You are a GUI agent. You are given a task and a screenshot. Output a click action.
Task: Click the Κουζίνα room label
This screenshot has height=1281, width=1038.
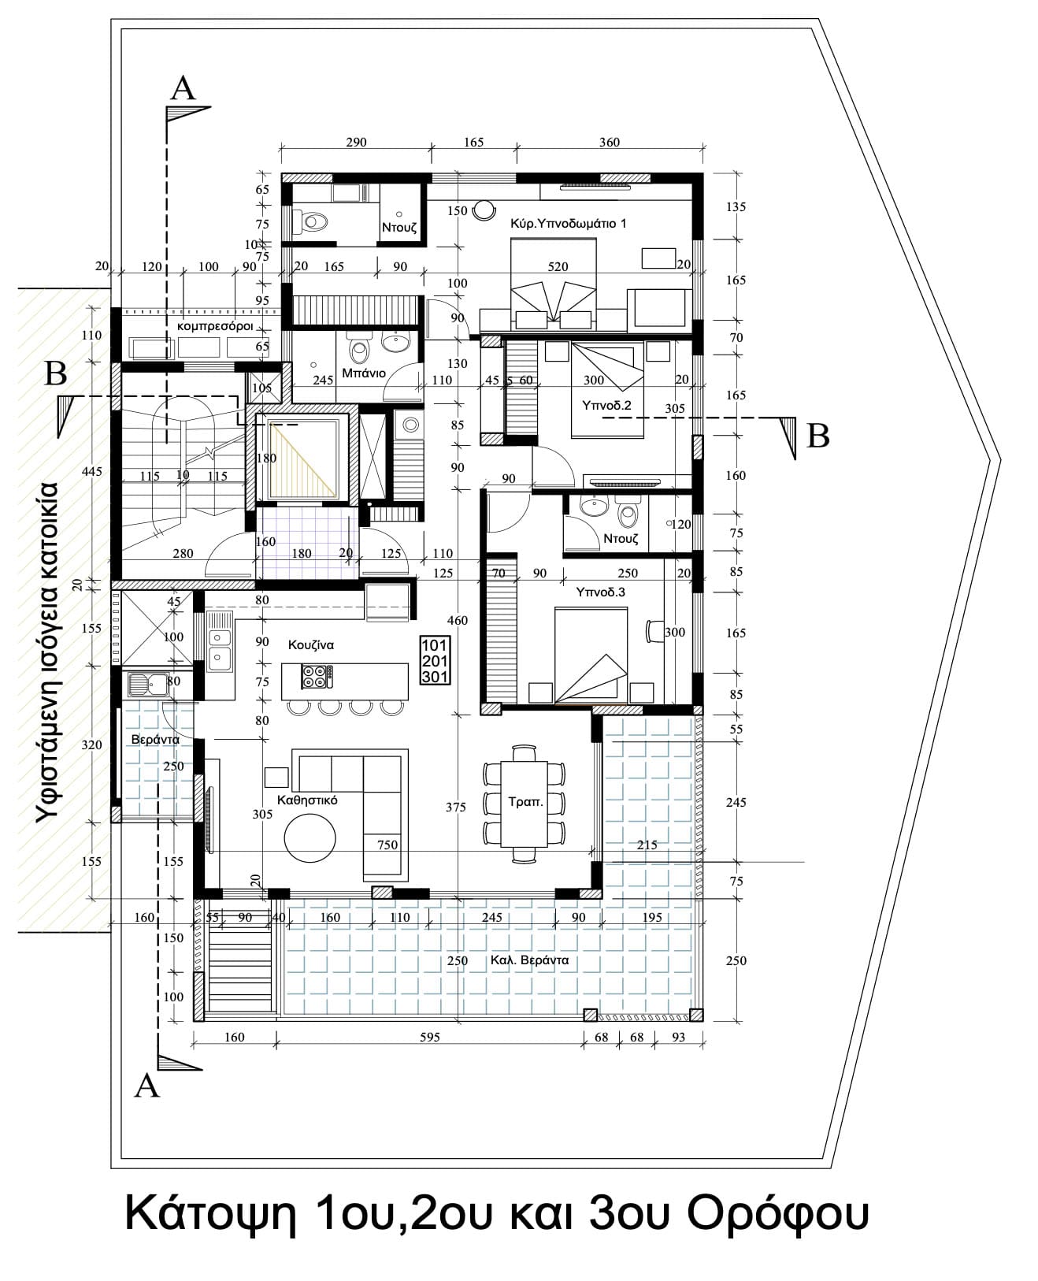point(311,645)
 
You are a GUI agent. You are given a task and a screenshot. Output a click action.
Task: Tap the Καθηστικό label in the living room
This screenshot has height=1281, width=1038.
point(307,800)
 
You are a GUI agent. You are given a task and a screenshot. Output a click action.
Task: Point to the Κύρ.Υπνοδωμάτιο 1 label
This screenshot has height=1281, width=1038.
point(568,224)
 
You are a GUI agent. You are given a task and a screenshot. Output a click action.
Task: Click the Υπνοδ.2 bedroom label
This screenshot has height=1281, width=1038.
point(606,406)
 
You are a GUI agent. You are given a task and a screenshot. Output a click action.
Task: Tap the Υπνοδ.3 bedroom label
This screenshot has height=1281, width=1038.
point(600,592)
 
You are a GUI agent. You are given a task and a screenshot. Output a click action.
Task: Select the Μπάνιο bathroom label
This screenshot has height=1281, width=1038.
point(364,373)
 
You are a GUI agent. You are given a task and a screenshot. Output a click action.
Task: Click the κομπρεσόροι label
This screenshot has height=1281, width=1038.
point(214,327)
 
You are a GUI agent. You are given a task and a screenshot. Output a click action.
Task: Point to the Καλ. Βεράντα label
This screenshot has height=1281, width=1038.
point(529,960)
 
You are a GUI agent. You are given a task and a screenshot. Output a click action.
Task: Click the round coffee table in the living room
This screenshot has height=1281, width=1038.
point(310,837)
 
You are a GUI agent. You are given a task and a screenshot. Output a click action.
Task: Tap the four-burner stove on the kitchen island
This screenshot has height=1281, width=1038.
point(317,676)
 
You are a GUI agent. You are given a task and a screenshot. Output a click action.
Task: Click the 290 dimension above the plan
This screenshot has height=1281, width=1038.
point(356,143)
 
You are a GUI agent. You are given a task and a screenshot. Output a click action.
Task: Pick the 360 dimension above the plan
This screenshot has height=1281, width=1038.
point(610,143)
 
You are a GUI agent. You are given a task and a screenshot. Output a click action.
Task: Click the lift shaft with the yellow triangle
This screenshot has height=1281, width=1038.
point(302,459)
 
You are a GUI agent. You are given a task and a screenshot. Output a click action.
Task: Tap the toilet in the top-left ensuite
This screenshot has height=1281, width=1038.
point(310,222)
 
